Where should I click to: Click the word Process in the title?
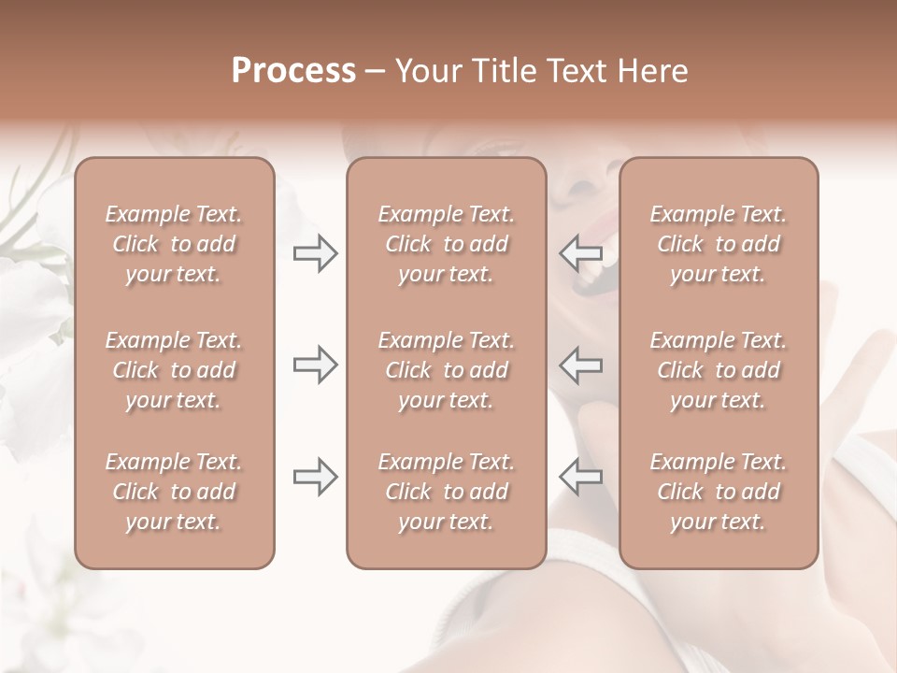click(293, 72)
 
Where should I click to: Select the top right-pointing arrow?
click(316, 253)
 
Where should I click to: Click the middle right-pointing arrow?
click(316, 365)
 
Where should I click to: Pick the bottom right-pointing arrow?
click(316, 477)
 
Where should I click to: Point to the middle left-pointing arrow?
click(580, 365)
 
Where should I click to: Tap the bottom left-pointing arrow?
click(580, 477)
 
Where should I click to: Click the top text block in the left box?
click(174, 245)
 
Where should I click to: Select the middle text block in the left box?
click(174, 370)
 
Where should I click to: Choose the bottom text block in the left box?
click(174, 492)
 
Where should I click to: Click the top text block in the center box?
click(446, 245)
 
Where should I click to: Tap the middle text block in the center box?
click(446, 370)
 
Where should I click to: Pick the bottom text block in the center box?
click(446, 492)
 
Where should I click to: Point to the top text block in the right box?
click(718, 245)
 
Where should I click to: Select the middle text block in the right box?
click(718, 370)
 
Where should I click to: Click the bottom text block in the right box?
click(718, 492)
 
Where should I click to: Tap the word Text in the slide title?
click(577, 72)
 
